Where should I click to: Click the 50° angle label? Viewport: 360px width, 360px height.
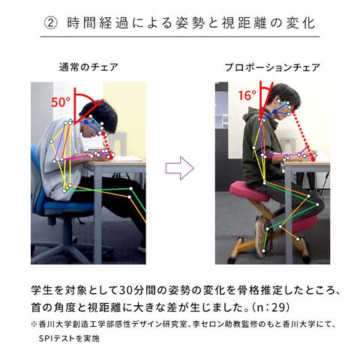point(61,102)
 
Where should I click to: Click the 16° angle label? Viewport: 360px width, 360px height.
point(247,95)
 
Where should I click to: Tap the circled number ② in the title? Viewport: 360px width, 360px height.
point(51,23)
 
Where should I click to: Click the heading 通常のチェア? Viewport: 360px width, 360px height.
point(88,67)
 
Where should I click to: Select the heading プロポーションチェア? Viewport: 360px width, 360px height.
point(272,67)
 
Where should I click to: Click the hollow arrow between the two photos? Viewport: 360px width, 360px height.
point(180,168)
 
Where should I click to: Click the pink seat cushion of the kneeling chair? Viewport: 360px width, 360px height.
point(249,192)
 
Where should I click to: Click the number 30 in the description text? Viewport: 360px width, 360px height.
point(125,290)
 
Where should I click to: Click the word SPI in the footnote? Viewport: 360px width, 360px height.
point(46,338)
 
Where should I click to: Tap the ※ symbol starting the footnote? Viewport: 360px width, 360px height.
point(34,325)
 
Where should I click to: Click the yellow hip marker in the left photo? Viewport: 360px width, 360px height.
point(67,187)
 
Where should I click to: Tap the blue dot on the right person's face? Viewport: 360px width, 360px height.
point(274,112)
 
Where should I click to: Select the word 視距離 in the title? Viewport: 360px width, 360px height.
point(243,23)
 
